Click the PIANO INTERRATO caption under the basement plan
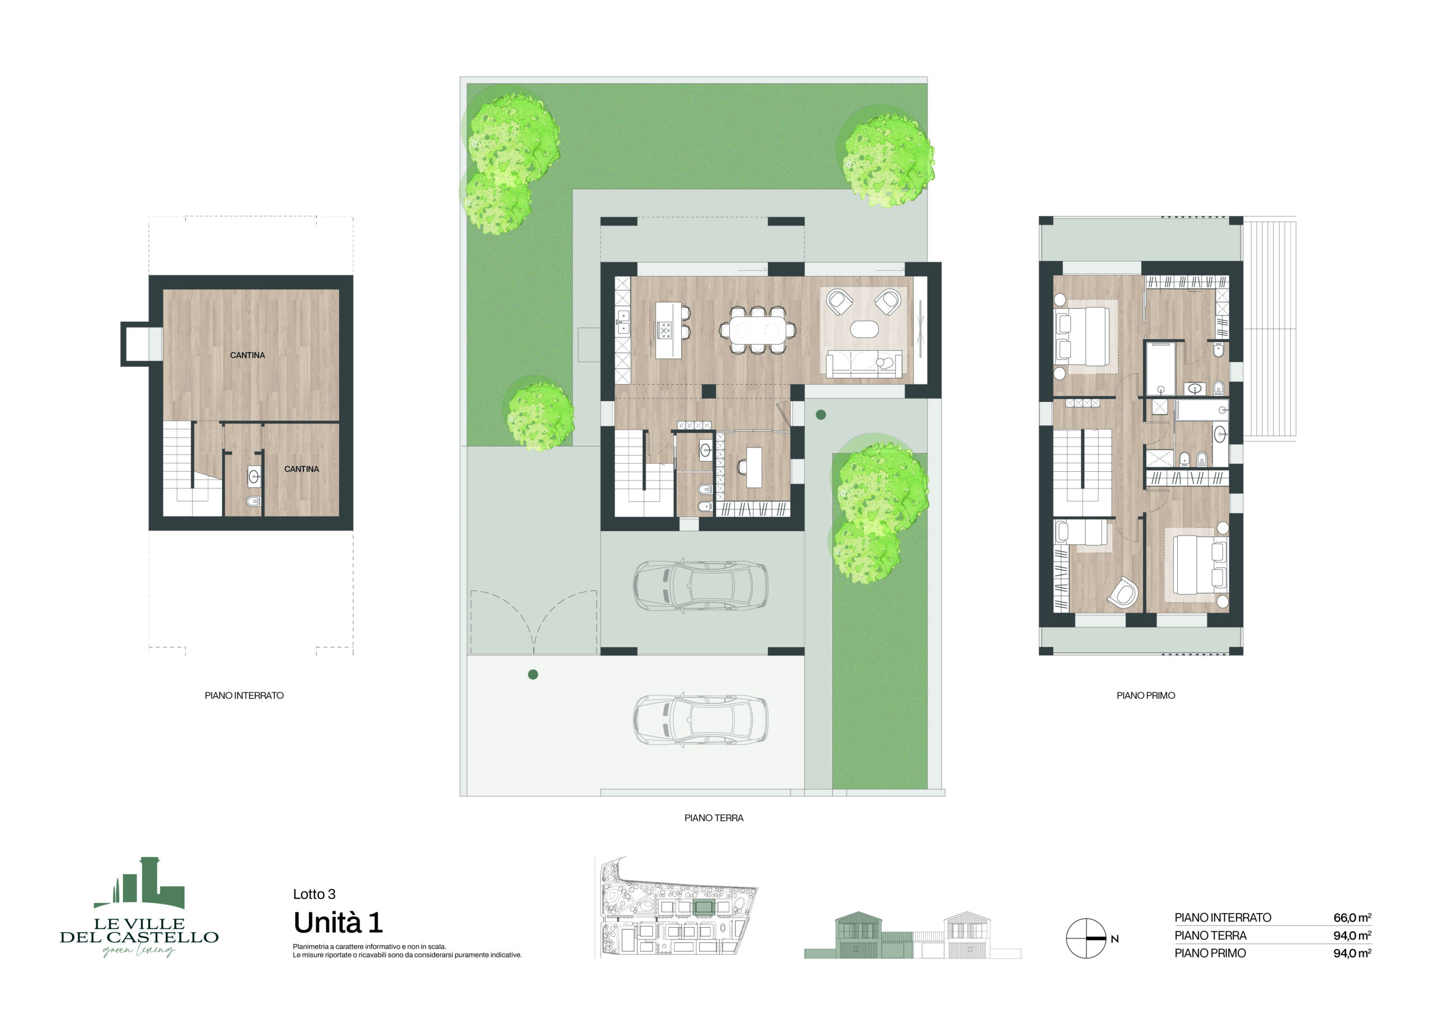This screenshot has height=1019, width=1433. tap(243, 695)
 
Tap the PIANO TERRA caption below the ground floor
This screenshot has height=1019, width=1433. tap(714, 818)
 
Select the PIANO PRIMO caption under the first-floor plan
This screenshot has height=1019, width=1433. tap(1145, 695)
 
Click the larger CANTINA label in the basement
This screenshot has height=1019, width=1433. tap(247, 355)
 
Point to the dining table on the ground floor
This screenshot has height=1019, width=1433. tap(756, 330)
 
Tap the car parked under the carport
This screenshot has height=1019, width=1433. tap(699, 585)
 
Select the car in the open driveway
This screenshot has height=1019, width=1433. tap(699, 719)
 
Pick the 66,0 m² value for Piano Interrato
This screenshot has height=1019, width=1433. tap(1352, 917)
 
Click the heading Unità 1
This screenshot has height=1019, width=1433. tap(338, 922)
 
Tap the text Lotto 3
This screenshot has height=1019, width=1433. tap(314, 894)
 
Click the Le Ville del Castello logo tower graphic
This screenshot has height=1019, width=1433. tap(139, 883)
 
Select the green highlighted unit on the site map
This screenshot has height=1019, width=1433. tap(704, 907)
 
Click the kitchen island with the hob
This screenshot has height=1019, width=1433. tap(668, 330)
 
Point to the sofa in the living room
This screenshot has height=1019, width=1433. tap(864, 364)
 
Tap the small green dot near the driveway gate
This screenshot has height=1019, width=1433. tap(533, 674)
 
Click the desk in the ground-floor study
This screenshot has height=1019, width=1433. tap(754, 467)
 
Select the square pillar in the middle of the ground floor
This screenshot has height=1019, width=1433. tap(709, 391)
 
